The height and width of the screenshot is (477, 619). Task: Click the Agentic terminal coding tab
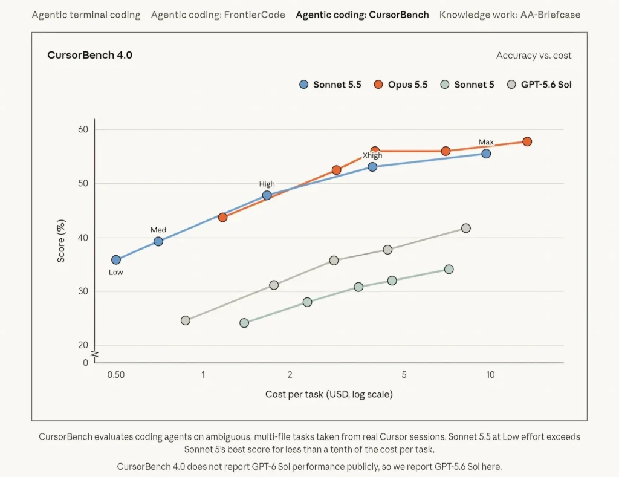click(x=86, y=15)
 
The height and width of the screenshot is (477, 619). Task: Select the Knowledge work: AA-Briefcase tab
click(x=510, y=15)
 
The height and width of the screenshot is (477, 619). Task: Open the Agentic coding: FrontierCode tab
click(x=218, y=15)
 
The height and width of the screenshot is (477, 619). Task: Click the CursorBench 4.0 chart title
click(x=89, y=55)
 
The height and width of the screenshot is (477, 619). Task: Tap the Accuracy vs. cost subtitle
click(x=534, y=55)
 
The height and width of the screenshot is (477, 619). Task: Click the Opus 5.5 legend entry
click(x=401, y=85)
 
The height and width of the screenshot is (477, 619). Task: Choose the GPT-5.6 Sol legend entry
click(x=539, y=85)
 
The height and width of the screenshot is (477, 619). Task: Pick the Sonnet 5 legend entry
click(x=467, y=85)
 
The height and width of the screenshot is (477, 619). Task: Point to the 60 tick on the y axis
click(x=83, y=129)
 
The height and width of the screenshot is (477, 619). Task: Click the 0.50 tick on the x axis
click(x=116, y=375)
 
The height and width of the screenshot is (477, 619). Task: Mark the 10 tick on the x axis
click(x=490, y=375)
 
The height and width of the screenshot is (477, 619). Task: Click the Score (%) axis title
click(x=61, y=241)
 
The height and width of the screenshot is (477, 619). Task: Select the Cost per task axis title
click(x=329, y=394)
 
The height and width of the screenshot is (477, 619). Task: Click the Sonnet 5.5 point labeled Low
click(x=116, y=260)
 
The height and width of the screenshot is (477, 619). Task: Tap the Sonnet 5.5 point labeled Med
click(x=158, y=242)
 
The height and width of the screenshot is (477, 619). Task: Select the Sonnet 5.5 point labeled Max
click(x=487, y=154)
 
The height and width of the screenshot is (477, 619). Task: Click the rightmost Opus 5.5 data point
click(x=527, y=141)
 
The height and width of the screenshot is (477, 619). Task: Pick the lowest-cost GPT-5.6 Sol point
click(x=186, y=320)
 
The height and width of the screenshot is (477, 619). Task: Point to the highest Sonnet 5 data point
click(x=449, y=269)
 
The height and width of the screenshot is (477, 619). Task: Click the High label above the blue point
click(x=267, y=184)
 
